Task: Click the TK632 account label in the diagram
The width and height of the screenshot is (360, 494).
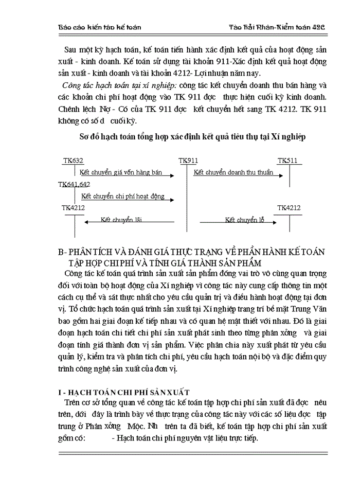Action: coord(73,161)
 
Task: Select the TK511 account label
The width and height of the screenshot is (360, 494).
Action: coord(287,161)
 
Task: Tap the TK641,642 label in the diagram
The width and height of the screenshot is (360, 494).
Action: coord(74,184)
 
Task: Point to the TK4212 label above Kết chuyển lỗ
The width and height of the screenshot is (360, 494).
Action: coord(289,207)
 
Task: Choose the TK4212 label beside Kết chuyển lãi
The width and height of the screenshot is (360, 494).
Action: coord(73,207)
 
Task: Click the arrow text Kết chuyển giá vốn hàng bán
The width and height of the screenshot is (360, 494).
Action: coord(121,172)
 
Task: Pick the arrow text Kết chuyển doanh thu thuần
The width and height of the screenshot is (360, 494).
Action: coord(233,172)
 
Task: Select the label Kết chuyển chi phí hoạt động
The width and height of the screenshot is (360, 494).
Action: coord(122,196)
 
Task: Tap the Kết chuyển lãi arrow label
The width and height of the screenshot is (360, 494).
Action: coord(121,220)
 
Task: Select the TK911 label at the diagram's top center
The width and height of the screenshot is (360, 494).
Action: coord(188,161)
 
